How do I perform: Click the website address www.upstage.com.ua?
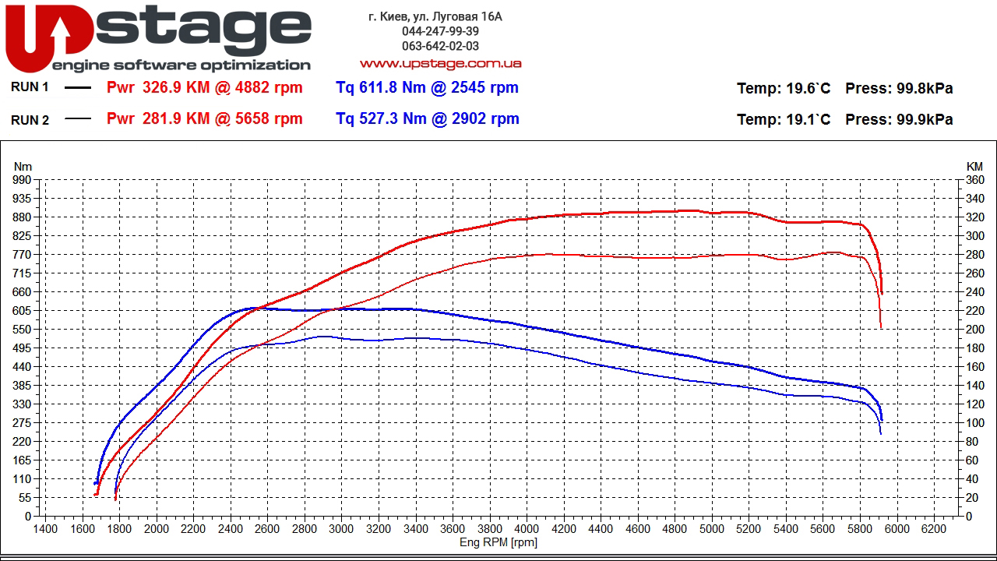[x=440, y=63]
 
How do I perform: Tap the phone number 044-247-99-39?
[x=440, y=31]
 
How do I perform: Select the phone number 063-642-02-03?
[x=440, y=46]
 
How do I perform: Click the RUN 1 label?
[x=30, y=87]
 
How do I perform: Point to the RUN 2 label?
[x=30, y=120]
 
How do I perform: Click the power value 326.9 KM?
[x=177, y=87]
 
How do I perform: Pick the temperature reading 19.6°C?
[x=808, y=88]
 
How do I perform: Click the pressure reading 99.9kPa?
[x=925, y=119]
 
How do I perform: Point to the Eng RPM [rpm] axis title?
[x=498, y=542]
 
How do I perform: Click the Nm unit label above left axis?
[x=23, y=166]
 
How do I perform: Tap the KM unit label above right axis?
[x=974, y=166]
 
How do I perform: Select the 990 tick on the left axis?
[x=23, y=180]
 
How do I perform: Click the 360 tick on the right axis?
[x=974, y=180]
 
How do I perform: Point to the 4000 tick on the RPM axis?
[x=527, y=529]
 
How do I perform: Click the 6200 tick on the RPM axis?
[x=934, y=529]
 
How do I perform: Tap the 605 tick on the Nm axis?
[x=23, y=311]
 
